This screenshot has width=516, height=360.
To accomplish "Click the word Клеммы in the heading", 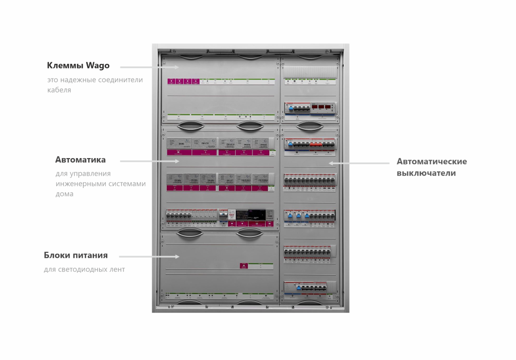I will click(x=66, y=65).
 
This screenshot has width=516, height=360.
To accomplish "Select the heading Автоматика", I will click(x=80, y=160).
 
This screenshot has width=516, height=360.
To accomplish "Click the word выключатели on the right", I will click(x=426, y=173).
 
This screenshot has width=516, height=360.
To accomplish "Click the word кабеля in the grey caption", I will click(x=59, y=90).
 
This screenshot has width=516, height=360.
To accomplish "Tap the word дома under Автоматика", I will click(x=64, y=194).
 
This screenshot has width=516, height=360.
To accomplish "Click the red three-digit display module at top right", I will click(x=322, y=107).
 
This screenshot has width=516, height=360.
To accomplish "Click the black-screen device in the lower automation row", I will click(x=250, y=213).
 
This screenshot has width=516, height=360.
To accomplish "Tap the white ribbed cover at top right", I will click(x=309, y=71).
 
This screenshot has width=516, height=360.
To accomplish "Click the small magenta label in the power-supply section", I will click(x=243, y=266).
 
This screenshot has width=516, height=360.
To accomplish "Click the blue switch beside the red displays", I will click(x=289, y=107).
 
